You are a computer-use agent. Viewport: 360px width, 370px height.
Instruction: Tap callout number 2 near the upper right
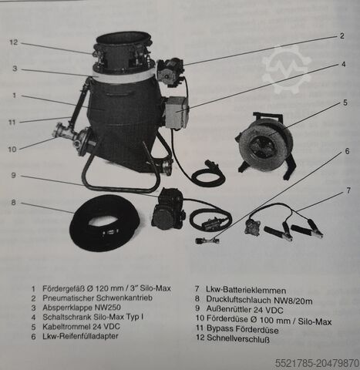[341, 36]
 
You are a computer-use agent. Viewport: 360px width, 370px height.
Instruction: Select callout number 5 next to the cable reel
[346, 103]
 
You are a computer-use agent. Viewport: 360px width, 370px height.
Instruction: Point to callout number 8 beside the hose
[14, 203]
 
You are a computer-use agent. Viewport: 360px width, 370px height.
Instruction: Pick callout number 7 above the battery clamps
[348, 189]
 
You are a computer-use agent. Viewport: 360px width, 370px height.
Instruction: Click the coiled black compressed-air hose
[104, 223]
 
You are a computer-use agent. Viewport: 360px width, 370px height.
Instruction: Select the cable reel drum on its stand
[265, 143]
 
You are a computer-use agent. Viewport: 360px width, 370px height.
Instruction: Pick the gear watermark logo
[286, 69]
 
